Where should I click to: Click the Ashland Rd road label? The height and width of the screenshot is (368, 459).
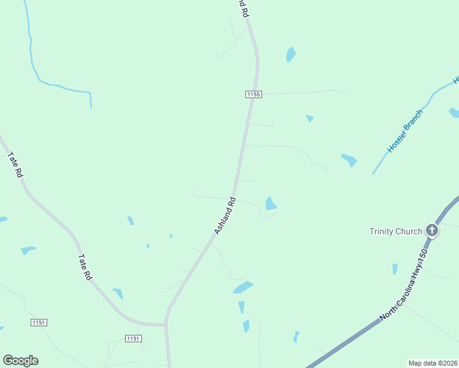click(x=225, y=215)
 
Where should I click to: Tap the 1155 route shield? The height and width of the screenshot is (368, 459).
click(x=253, y=94)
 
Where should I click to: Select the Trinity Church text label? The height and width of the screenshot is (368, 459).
click(x=396, y=231)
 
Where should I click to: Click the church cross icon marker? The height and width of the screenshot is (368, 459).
click(x=432, y=231)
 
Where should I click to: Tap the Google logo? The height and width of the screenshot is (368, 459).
click(x=20, y=361)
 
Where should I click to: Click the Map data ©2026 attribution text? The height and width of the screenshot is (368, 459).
click(x=433, y=363)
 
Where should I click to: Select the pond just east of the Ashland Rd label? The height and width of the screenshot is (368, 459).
click(x=270, y=203)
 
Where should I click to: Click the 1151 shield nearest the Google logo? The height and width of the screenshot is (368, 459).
click(x=38, y=323)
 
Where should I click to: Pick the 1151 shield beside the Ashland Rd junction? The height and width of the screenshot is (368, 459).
click(x=133, y=339)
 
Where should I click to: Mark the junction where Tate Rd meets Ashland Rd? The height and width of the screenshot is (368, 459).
click(x=165, y=324)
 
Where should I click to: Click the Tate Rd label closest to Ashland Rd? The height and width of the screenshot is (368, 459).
click(x=85, y=268)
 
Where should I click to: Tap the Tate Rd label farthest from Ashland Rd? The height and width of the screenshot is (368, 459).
click(x=15, y=165)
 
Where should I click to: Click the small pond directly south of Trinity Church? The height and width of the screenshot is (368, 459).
click(x=395, y=269)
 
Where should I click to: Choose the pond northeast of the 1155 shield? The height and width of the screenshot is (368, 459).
click(x=290, y=55)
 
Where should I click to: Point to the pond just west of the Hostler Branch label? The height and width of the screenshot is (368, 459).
click(x=349, y=160)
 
